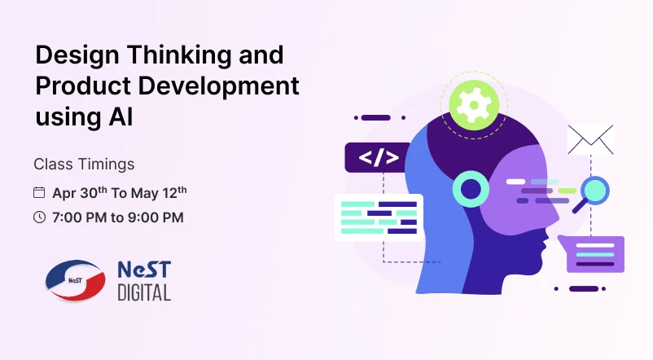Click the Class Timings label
pos(84,164)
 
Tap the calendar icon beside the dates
pos(39,193)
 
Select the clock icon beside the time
pos(39,217)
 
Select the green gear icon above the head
pos(474,104)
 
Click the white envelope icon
pos(590,139)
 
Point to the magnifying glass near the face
pos(592,193)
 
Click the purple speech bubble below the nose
pos(596,253)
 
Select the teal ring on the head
pos(471,190)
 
